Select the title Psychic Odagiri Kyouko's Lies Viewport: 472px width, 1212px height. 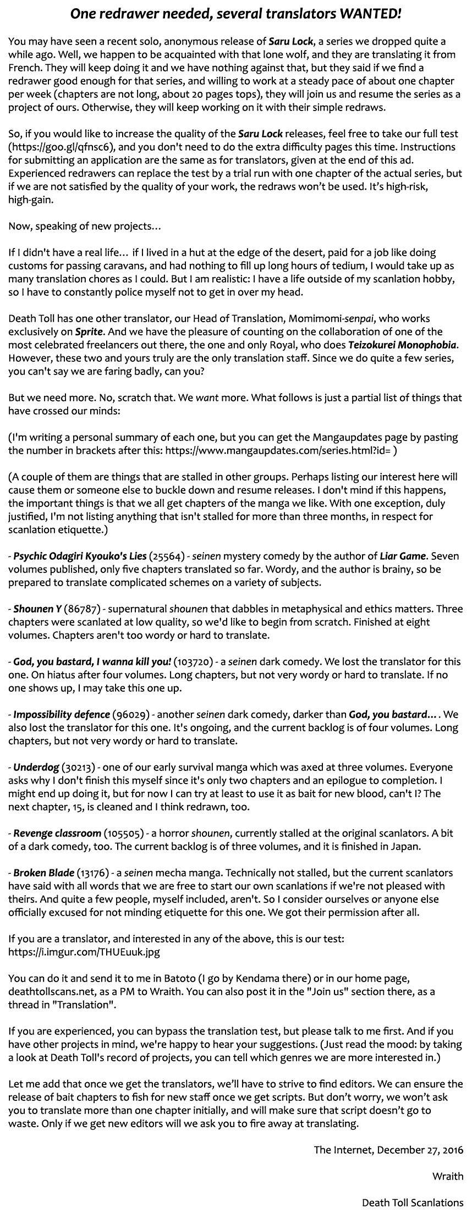[80, 556]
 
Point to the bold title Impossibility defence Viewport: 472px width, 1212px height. [62, 714]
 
